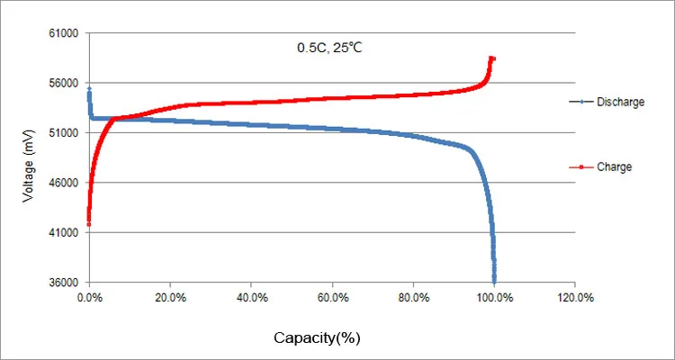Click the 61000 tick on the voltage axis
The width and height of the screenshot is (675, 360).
tap(65, 34)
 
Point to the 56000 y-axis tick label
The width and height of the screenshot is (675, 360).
tap(65, 84)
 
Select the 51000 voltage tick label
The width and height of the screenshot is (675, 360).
tap(65, 133)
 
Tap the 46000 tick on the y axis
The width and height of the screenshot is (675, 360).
tap(65, 183)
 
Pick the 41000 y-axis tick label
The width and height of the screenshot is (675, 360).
tap(65, 232)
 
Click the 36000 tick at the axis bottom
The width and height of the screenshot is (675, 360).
tap(65, 283)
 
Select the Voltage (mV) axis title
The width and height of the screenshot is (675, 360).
tap(29, 157)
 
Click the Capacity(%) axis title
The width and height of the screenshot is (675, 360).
tap(317, 338)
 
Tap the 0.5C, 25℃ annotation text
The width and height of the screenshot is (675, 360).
tap(329, 48)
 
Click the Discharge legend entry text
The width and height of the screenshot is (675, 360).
tap(620, 103)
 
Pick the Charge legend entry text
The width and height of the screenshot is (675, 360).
tap(614, 166)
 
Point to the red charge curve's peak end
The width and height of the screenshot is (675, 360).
tap(492, 58)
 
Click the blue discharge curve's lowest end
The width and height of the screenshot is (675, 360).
tap(494, 281)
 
